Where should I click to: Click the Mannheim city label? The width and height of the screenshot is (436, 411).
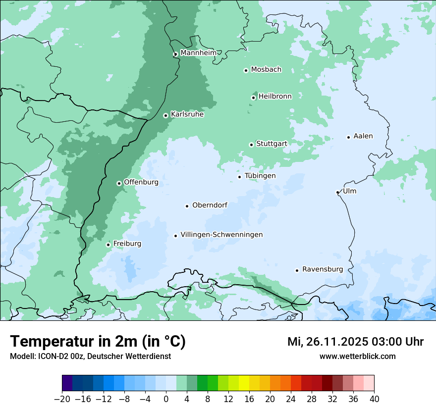point(198,53)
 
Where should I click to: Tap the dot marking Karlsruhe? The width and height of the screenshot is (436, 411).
point(166,115)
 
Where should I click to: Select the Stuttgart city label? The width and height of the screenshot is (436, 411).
point(272,144)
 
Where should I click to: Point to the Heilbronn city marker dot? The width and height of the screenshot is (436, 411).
point(253,98)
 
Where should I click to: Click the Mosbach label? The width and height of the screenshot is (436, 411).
point(266,70)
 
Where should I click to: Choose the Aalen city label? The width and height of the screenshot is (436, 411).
point(363,136)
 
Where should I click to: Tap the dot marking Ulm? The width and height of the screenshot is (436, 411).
point(338,192)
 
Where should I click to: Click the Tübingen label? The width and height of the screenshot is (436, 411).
point(260,176)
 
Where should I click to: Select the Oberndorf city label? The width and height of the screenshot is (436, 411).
point(210,205)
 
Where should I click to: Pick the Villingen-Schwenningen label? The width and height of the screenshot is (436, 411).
point(221,235)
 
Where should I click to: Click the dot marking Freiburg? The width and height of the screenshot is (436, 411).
point(108,245)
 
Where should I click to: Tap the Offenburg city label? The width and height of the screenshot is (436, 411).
point(141,182)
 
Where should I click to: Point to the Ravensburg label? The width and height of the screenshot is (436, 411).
point(323,269)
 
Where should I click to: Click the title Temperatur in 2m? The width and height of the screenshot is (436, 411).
point(98,342)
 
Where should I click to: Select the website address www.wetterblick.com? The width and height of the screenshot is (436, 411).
point(357,357)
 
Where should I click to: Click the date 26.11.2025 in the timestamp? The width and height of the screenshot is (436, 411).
point(335,342)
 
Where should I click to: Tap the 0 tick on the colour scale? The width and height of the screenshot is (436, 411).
point(166,399)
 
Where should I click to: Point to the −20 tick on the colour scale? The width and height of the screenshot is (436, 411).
point(62,399)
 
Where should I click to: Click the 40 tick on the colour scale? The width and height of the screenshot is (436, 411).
point(374,399)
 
